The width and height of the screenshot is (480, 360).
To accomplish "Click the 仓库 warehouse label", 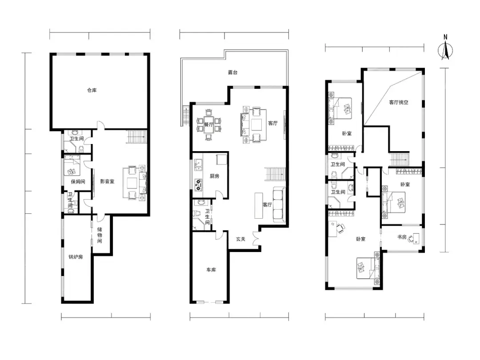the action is tap(92, 90).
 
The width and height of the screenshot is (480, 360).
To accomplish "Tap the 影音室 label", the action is tap(107, 181).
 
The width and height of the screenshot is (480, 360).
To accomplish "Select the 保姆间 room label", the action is tap(78, 181).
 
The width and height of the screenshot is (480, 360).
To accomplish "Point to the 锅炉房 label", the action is tap(76, 257).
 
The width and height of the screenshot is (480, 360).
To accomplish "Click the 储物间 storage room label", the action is tap(100, 235).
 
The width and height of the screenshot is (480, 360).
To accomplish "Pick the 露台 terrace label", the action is tap(232, 72).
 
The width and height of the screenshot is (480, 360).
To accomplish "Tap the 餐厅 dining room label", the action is tap(209, 124).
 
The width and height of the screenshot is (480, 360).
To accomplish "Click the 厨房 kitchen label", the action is tap(214, 176).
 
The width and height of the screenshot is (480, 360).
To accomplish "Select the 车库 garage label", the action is tap(211, 270).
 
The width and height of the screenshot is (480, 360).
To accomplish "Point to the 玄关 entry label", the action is tap(240, 239).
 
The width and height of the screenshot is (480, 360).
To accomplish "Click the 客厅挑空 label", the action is tap(399, 103).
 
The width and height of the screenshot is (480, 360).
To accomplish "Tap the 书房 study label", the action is tap(402, 237).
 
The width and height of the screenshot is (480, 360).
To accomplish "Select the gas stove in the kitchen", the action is tap(199, 184).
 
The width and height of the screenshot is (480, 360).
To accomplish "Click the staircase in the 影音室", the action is tap(136, 136).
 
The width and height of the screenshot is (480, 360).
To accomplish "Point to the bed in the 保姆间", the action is tap(72, 165).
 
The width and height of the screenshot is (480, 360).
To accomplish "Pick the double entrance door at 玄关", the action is tap(256, 239).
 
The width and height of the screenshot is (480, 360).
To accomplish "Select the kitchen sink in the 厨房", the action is tap(198, 165).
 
